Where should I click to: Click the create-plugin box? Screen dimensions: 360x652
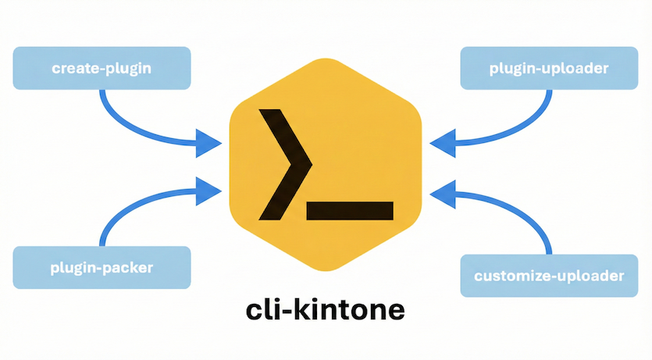coord(102,68)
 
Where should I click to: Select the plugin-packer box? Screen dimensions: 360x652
coord(102,268)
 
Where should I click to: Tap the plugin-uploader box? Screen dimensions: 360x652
coord(549,68)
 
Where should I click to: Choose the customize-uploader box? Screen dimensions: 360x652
coord(549,276)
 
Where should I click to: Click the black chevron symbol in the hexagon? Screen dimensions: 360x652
coord(286,163)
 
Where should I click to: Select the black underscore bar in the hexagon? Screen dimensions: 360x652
coord(351,209)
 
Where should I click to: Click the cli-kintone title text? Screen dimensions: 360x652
coord(325,310)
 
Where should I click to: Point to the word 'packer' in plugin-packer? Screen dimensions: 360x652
coord(126,269)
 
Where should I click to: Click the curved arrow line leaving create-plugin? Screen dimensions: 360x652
coord(125,117)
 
